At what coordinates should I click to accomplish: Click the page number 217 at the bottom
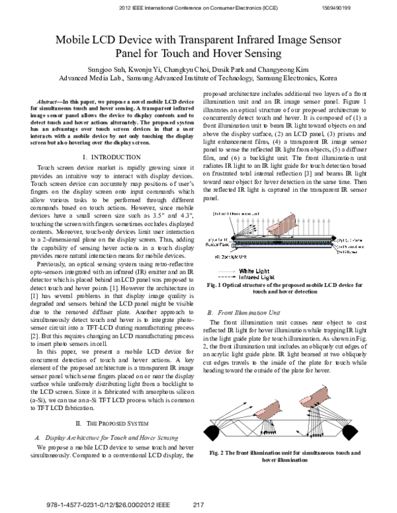point(197,504)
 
